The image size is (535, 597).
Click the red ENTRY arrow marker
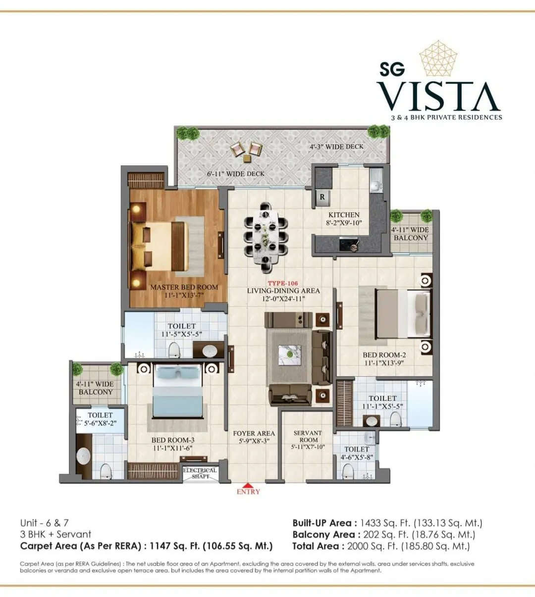pos(248,485)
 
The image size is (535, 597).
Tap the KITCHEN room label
pos(344,215)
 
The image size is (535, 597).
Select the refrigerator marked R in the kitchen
pos(322,197)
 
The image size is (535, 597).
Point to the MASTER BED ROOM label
pos(184,287)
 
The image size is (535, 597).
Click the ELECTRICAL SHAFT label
pos(200,473)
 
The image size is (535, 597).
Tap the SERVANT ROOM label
pos(308,436)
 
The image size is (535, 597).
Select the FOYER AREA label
pos(254,433)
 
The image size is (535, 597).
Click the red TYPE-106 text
pos(283,284)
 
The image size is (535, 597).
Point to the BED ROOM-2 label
pos(384,355)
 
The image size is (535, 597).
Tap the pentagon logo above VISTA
pos(438,58)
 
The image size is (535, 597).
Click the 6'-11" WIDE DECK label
pos(235,174)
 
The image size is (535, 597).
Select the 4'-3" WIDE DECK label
pos(336,147)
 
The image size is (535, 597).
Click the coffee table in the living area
pos(289,353)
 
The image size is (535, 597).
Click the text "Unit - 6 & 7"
pos(45,523)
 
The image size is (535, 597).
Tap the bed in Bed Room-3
pos(177,391)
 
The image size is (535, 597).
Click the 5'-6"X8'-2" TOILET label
pos(100,419)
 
